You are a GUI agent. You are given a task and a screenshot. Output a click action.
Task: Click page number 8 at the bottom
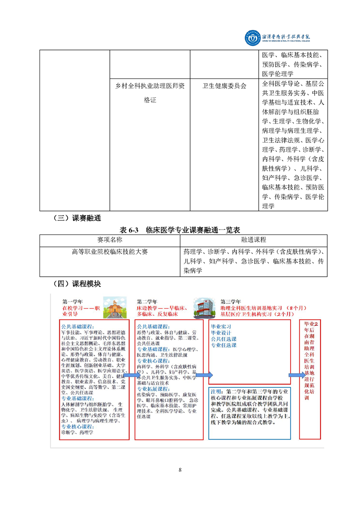[x=180, y=470]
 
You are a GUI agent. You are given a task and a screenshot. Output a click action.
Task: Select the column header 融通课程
[x=254, y=240]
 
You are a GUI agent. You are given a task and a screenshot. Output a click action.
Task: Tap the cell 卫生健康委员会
[x=224, y=85]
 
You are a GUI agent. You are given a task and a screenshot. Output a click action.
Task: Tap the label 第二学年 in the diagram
[x=147, y=301]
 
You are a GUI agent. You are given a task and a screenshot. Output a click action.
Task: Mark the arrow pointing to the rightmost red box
[x=297, y=375]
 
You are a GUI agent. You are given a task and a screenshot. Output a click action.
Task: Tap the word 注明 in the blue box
[x=217, y=392]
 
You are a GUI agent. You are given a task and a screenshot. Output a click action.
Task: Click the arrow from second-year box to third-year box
[x=204, y=375]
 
